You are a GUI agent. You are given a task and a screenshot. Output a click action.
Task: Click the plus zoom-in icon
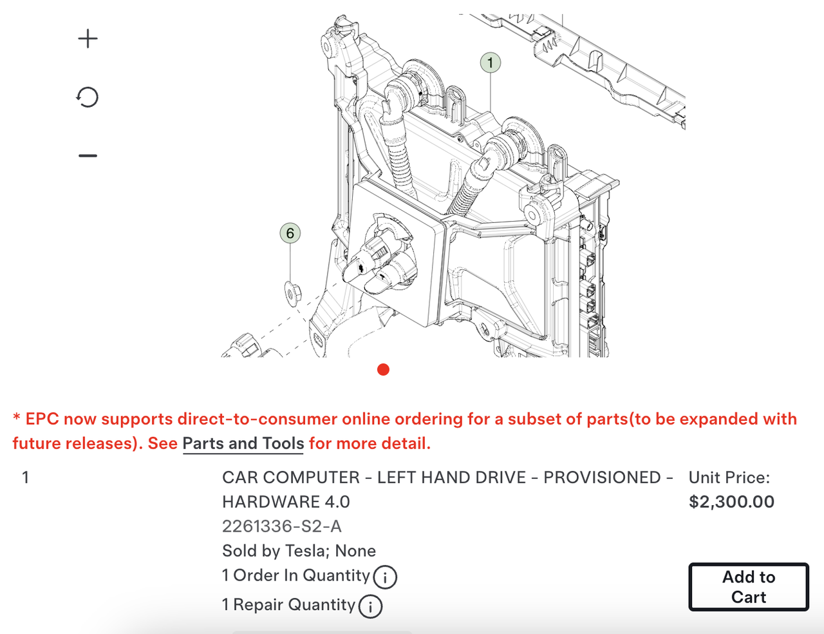pos(88,39)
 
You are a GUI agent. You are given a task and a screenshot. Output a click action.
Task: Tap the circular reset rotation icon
pos(87,97)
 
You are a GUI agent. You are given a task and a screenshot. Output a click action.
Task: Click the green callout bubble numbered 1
pos(491,62)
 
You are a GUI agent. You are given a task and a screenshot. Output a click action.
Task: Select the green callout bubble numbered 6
pos(290,233)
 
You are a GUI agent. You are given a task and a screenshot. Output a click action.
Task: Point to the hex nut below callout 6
pos(292,294)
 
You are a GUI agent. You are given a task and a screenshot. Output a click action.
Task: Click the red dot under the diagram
pos(384,370)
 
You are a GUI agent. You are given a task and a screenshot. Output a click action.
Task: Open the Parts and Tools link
pos(243,443)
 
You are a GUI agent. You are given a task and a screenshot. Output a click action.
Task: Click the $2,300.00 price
pos(731,501)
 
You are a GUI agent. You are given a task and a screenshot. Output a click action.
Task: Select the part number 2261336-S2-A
pos(282,526)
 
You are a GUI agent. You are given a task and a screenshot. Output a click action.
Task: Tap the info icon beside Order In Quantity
pos(385,577)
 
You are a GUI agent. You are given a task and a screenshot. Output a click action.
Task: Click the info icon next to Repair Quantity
pos(370,606)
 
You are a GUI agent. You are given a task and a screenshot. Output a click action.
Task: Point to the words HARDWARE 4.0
pos(286,501)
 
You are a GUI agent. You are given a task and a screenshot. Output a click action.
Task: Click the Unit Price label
pos(729,477)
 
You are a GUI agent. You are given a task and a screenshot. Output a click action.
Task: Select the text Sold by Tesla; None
pos(299,550)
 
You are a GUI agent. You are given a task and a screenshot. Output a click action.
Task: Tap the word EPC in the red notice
pos(42,419)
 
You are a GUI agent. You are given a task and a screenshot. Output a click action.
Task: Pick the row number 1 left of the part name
pos(25,477)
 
